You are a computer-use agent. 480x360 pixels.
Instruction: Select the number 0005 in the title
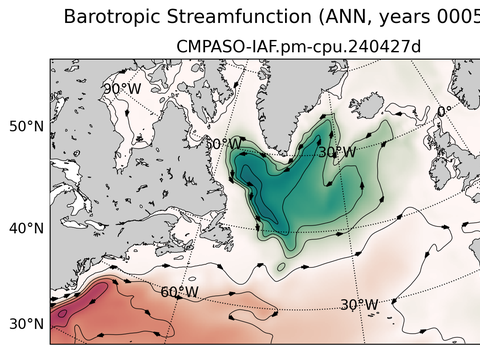pyautogui.click(x=455, y=16)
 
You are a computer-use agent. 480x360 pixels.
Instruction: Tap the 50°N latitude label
pyautogui.click(x=26, y=126)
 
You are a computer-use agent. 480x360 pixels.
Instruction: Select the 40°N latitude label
pyautogui.click(x=26, y=228)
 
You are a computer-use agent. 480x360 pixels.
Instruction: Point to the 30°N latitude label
pyautogui.click(x=26, y=324)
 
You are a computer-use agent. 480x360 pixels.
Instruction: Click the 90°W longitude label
pyautogui.click(x=121, y=88)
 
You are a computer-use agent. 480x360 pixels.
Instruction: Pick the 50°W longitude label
pyautogui.click(x=223, y=143)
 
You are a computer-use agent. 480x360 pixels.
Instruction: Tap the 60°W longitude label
pyautogui.click(x=179, y=292)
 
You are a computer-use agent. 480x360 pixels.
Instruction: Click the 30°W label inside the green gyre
pyautogui.click(x=336, y=152)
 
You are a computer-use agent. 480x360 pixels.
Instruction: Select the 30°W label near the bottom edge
pyautogui.click(x=358, y=304)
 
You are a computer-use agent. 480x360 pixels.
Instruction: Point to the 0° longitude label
pyautogui.click(x=444, y=111)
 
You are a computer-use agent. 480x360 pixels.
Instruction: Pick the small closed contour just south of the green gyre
pyautogui.click(x=281, y=267)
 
